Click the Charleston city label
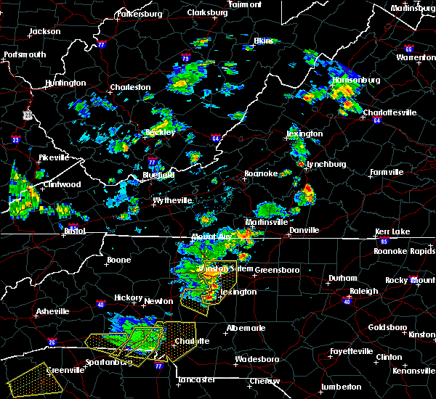point(130,87)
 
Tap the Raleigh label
point(364,291)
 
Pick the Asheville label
point(54,312)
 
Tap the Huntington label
point(65,83)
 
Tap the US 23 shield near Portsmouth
point(27,115)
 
